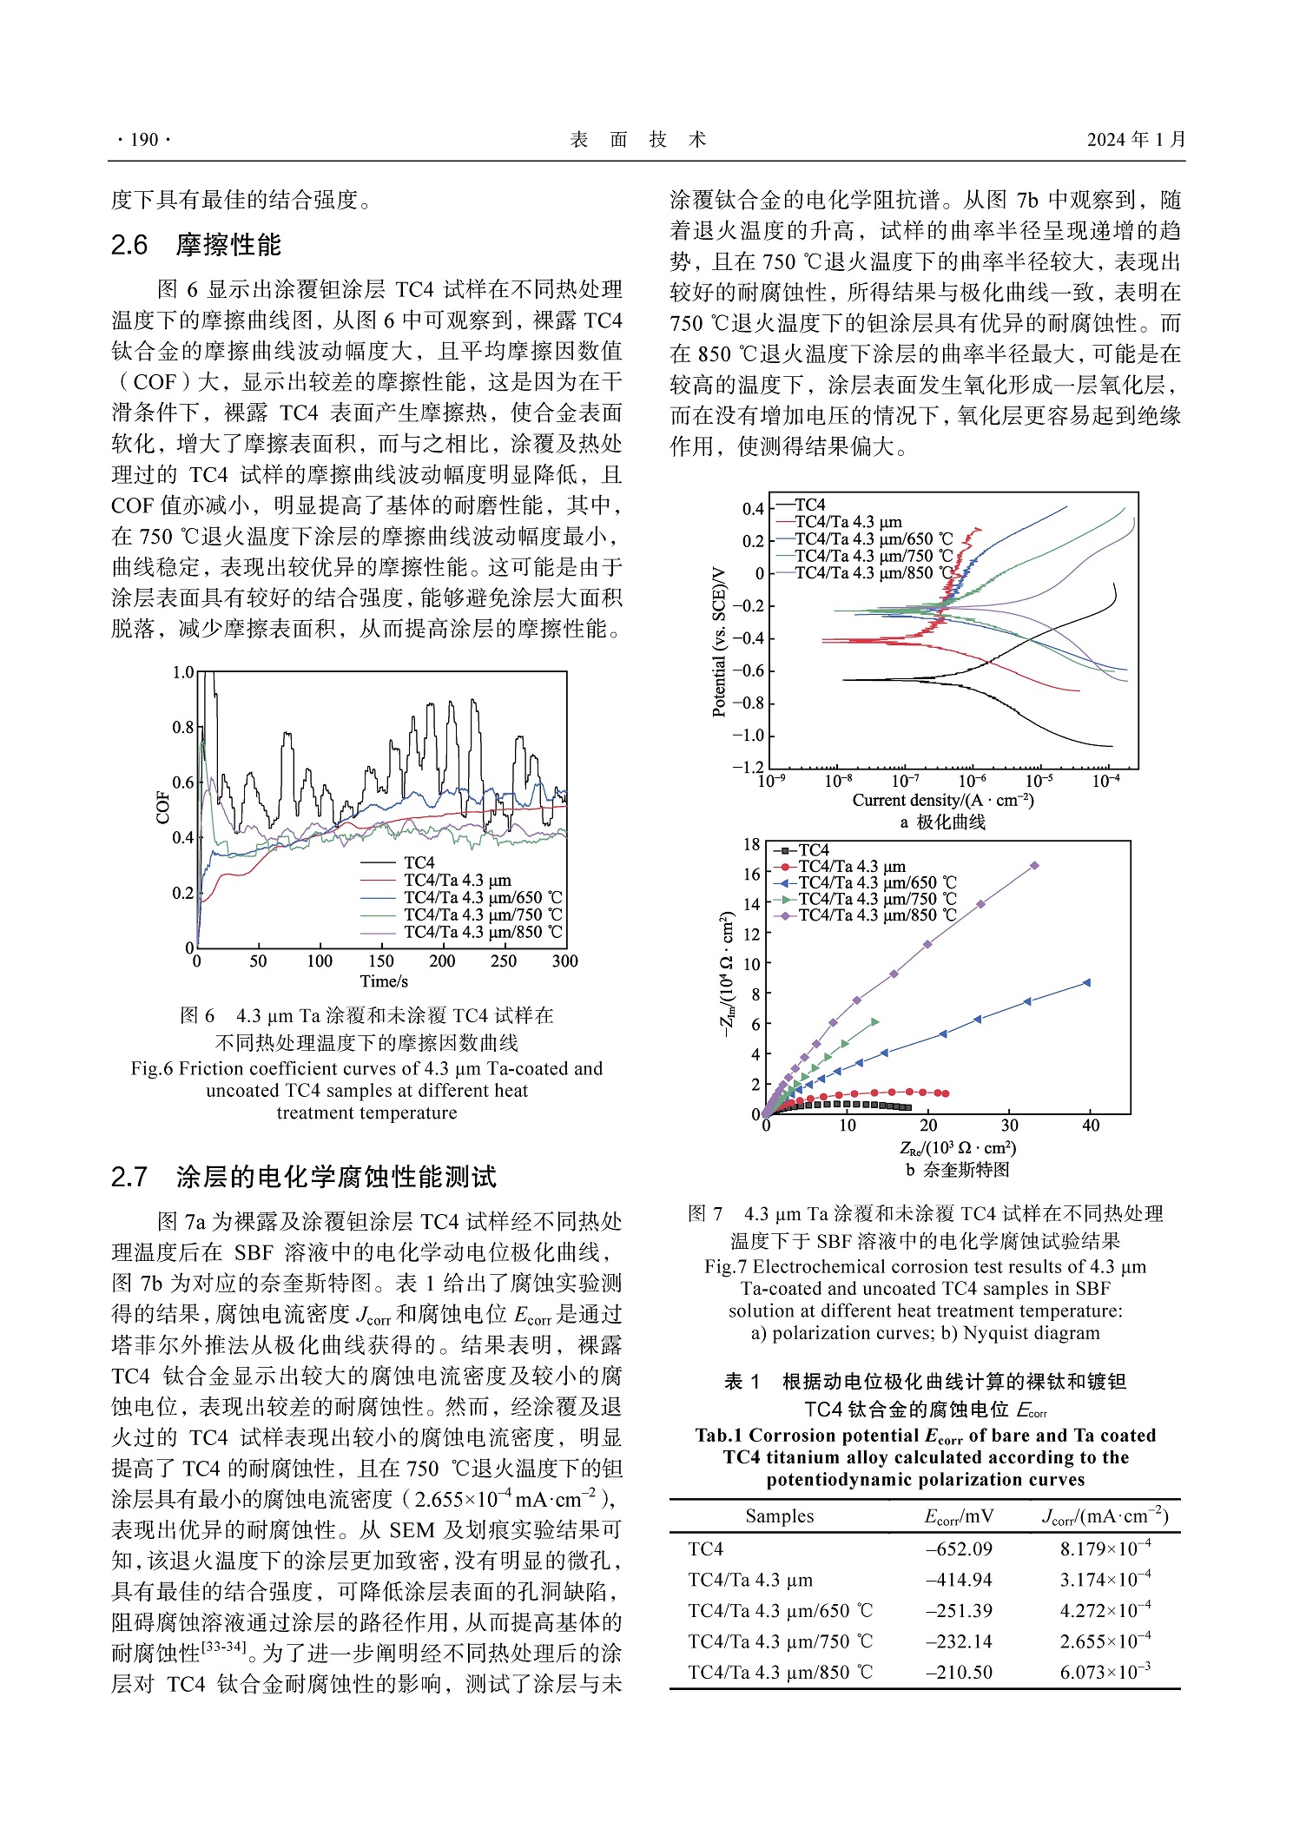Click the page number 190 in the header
[x=144, y=140]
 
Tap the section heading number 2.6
[x=129, y=246]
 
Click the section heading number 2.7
[x=129, y=1178]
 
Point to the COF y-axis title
[x=162, y=808]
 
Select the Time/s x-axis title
[x=384, y=981]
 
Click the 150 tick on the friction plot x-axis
[x=381, y=961]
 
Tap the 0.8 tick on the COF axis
[x=182, y=727]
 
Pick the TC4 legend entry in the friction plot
[x=419, y=862]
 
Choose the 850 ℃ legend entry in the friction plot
[x=483, y=932]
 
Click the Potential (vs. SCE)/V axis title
[x=719, y=642]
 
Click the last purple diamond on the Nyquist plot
[x=1034, y=866]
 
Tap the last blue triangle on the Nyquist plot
[x=1086, y=983]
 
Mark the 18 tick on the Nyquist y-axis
[x=751, y=845]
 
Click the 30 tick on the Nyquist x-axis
[x=1010, y=1126]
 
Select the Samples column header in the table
[x=779, y=1516]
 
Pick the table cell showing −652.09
[x=959, y=1548]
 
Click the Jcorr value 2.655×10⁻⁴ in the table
[x=1105, y=1641]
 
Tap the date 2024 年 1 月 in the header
[x=1136, y=140]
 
